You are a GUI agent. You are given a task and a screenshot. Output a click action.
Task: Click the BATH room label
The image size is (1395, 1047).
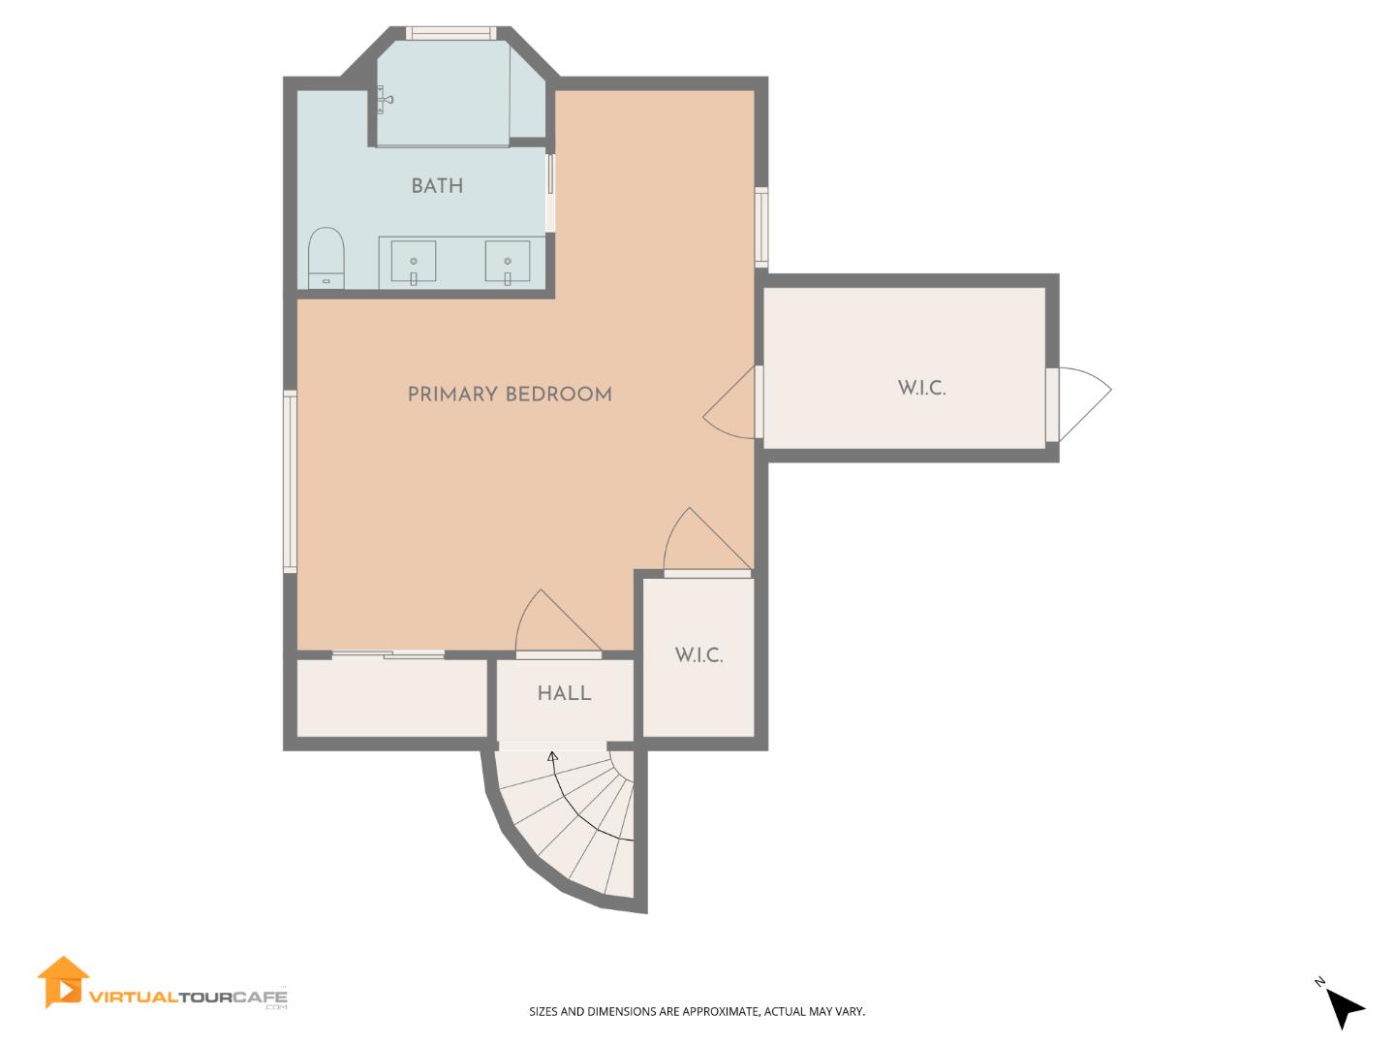point(437,186)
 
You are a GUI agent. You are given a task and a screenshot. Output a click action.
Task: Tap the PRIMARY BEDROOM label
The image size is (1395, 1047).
point(510,395)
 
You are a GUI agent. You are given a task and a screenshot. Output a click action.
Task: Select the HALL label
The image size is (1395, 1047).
point(564,693)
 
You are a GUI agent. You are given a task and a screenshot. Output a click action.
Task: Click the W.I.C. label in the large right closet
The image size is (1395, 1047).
point(921,389)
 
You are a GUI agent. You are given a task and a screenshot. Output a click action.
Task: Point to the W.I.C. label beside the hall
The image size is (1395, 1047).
point(698,655)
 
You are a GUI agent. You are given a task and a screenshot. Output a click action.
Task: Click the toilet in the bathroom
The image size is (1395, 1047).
point(326,257)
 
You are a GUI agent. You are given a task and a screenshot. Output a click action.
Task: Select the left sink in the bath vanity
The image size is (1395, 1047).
point(414,263)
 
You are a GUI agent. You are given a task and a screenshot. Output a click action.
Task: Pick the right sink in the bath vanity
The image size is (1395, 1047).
point(508,263)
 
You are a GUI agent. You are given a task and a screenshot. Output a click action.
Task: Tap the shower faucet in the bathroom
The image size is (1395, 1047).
point(386,99)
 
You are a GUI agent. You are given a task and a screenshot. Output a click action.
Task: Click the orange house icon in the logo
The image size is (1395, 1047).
point(63,983)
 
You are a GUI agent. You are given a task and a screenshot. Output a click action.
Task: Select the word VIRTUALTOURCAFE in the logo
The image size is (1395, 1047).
point(188,996)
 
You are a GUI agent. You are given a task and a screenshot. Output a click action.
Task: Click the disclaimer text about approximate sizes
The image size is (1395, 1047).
point(697,1011)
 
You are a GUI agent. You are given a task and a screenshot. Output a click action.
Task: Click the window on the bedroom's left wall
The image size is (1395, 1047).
point(290,481)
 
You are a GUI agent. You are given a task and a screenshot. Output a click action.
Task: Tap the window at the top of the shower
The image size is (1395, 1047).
point(451,34)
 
